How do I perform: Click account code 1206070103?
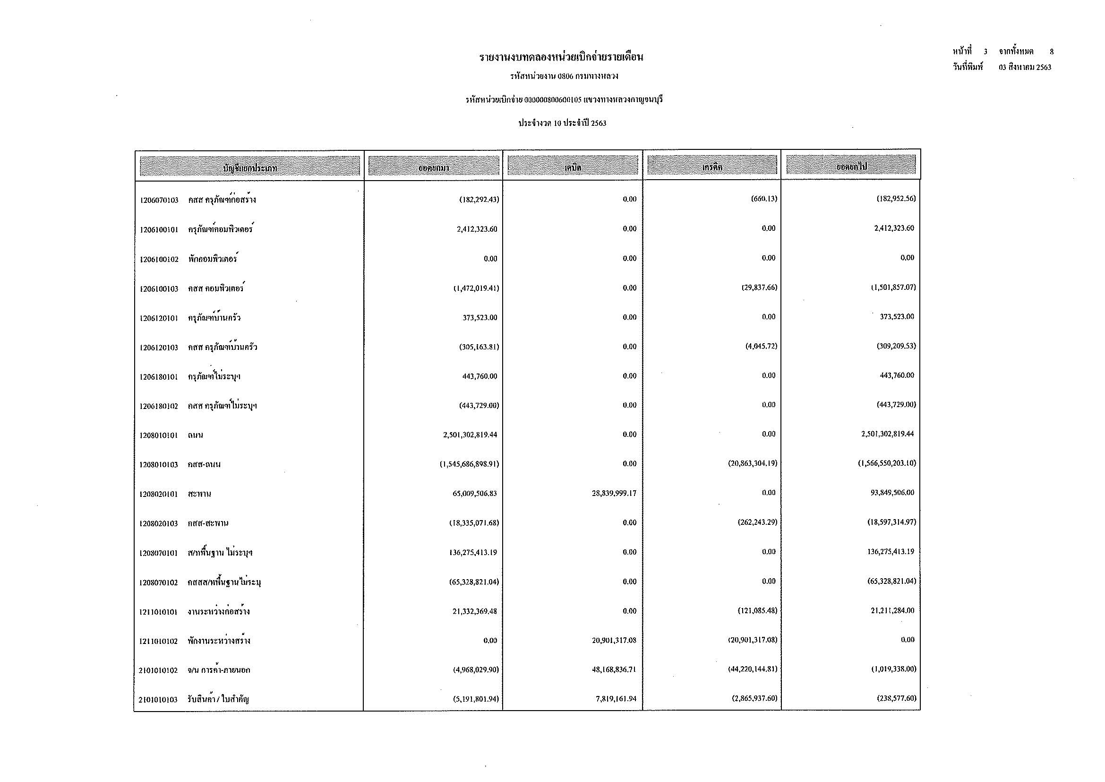[159, 200]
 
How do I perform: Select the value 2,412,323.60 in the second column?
[477, 229]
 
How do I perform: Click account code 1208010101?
[159, 435]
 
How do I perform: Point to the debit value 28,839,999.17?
[614, 494]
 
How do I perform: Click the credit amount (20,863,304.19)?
[752, 464]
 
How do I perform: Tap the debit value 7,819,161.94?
[616, 699]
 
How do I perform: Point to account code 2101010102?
[158, 670]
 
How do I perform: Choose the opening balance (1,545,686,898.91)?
[469, 464]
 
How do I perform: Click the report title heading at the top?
[561, 58]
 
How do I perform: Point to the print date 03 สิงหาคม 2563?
[1025, 68]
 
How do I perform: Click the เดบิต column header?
[573, 167]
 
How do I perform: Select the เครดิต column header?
[712, 167]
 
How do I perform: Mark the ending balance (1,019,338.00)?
[893, 669]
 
